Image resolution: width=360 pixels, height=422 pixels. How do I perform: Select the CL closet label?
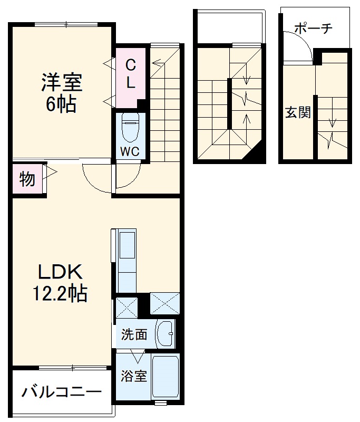coord(131,73)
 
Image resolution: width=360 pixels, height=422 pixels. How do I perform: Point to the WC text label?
coord(129,151)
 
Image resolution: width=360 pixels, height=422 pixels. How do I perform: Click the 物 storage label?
coord(27,179)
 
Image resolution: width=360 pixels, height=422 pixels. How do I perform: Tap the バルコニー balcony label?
coord(62,392)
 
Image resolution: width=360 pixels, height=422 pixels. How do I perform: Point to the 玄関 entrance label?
coord(298,112)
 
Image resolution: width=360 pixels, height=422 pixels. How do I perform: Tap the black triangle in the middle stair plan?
coord(256,155)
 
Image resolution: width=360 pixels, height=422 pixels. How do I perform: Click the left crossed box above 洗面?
coord(127,308)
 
